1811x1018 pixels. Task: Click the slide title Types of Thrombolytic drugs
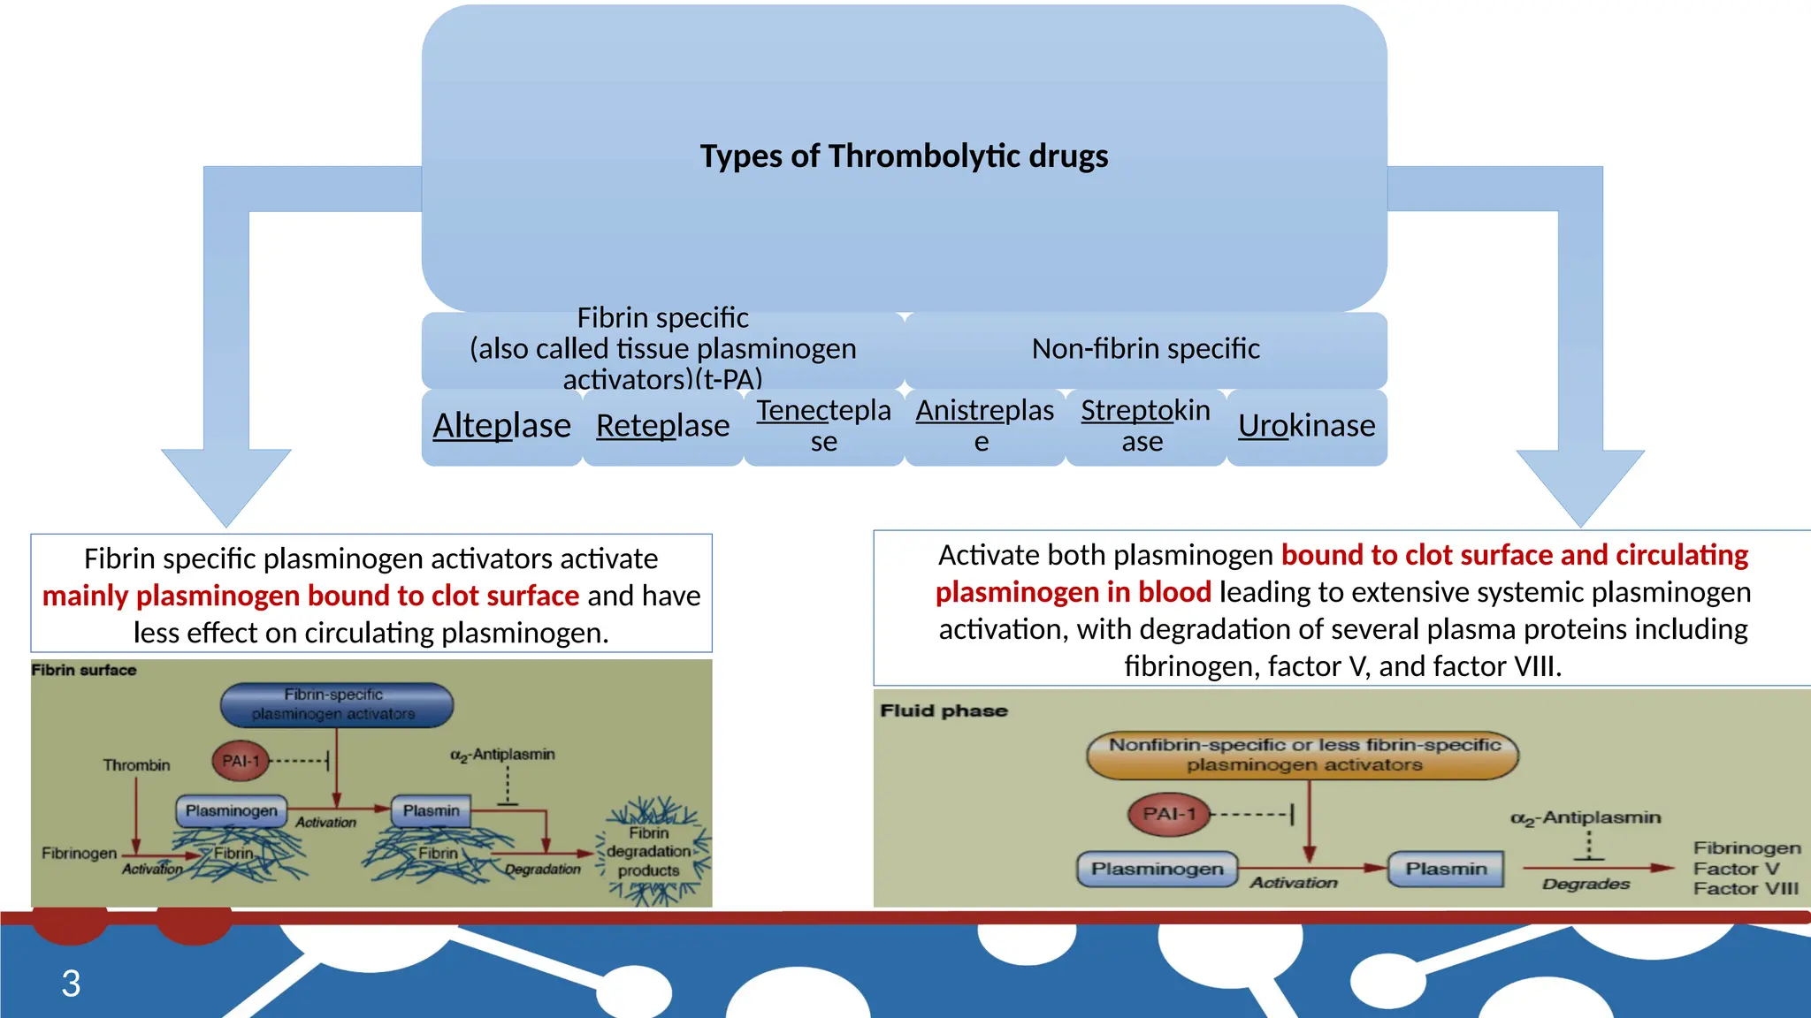pyautogui.click(x=904, y=156)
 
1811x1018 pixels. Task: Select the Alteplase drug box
pyautogui.click(x=501, y=426)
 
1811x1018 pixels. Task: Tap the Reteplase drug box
pyautogui.click(x=662, y=426)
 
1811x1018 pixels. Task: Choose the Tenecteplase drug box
pyautogui.click(x=823, y=426)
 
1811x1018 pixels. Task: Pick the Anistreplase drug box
pyautogui.click(x=984, y=426)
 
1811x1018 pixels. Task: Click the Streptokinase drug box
pyautogui.click(x=1145, y=426)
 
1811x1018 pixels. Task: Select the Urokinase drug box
pyautogui.click(x=1306, y=426)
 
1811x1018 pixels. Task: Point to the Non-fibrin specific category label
pyautogui.click(x=1145, y=349)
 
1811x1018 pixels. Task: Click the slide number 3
pyautogui.click(x=71, y=984)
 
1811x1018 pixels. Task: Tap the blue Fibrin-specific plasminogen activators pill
pyautogui.click(x=336, y=704)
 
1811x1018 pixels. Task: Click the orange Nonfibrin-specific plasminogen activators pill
pyautogui.click(x=1303, y=755)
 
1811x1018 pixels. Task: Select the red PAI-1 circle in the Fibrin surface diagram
pyautogui.click(x=241, y=761)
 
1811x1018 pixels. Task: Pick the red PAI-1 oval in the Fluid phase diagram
pyautogui.click(x=1168, y=814)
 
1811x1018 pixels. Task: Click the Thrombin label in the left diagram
pyautogui.click(x=136, y=765)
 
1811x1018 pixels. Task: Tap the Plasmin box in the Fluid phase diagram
pyautogui.click(x=1446, y=869)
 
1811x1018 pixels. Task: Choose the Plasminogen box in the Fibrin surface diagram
pyautogui.click(x=231, y=810)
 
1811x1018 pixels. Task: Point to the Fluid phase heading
pyautogui.click(x=944, y=710)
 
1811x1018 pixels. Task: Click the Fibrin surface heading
pyautogui.click(x=84, y=670)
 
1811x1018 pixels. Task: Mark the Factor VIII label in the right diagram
pyautogui.click(x=1746, y=889)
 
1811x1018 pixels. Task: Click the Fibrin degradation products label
pyautogui.click(x=649, y=852)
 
